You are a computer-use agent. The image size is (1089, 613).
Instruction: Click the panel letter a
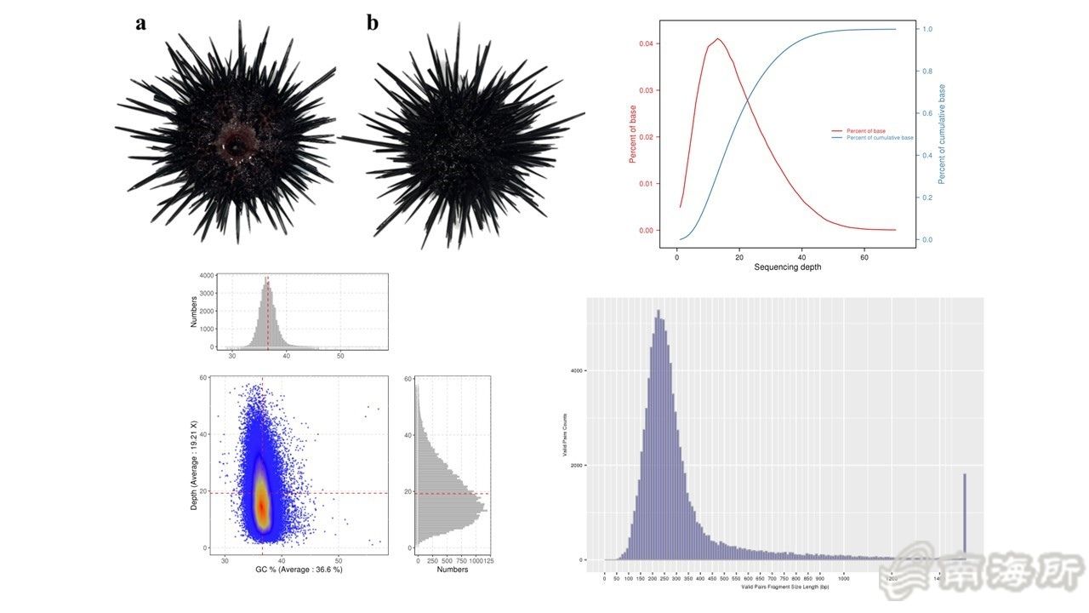click(x=141, y=23)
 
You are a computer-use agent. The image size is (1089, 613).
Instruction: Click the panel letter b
click(x=373, y=23)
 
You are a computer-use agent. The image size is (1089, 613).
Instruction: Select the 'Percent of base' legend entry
click(x=866, y=130)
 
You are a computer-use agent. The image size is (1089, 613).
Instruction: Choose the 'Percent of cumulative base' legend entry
click(x=876, y=138)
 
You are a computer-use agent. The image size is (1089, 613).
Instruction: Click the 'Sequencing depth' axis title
click(x=788, y=267)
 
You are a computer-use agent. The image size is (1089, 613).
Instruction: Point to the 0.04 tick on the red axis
click(x=646, y=43)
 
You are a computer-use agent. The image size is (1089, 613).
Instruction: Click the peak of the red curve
click(x=718, y=38)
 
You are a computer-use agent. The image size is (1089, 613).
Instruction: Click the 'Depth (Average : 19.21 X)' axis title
click(x=194, y=465)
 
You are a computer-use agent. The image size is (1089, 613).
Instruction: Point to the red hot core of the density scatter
click(x=262, y=507)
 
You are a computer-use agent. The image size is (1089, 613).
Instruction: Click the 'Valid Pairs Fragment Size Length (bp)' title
click(x=784, y=587)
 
